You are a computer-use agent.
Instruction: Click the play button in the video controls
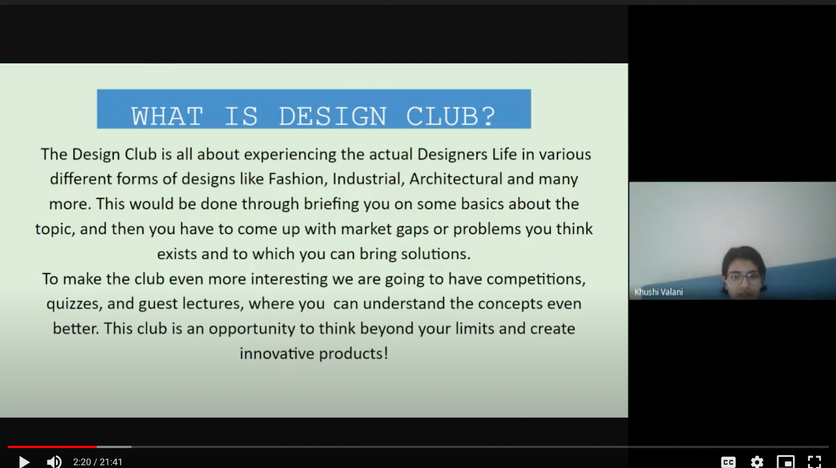tap(24, 462)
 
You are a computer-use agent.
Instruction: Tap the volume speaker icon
tap(54, 462)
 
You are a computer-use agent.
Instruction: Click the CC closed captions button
tap(728, 462)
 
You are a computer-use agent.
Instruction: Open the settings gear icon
tap(757, 462)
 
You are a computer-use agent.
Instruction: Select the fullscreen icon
tap(814, 462)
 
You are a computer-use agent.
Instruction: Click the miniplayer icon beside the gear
tap(786, 462)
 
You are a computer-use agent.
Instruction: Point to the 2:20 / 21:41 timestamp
tap(98, 462)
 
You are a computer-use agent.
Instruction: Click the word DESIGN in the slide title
tap(332, 116)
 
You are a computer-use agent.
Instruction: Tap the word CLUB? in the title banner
tap(451, 116)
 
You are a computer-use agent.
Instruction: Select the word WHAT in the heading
tap(167, 116)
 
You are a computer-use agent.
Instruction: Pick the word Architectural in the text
tap(456, 179)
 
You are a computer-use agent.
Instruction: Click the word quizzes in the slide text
tap(74, 304)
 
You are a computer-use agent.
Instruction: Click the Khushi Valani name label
tap(659, 292)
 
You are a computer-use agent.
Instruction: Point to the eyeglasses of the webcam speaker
tap(743, 278)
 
